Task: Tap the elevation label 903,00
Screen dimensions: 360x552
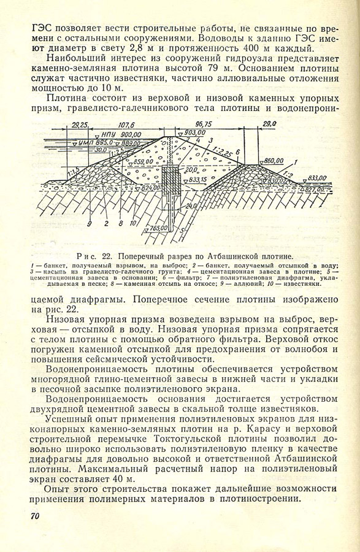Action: tap(194, 132)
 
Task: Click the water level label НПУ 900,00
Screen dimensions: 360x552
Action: tap(118, 134)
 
